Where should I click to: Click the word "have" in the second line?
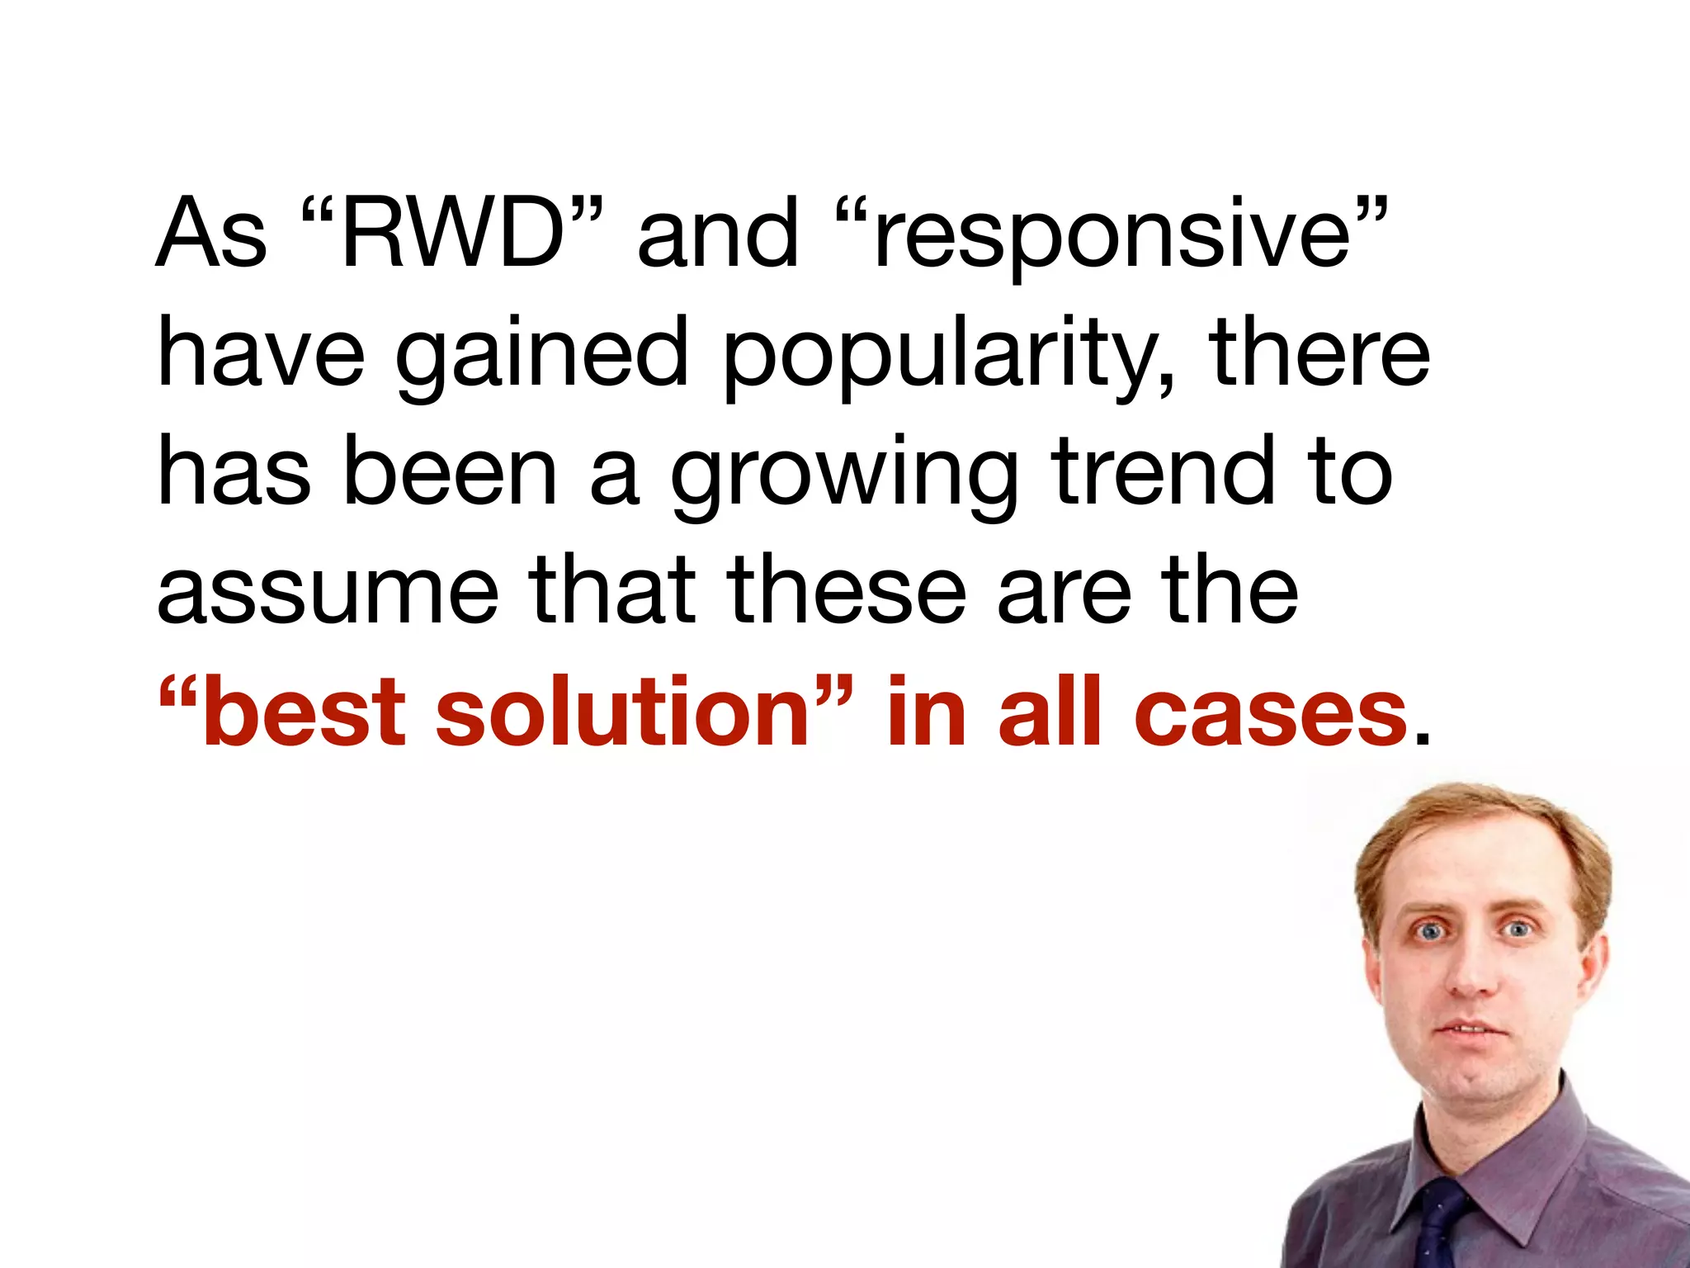click(x=261, y=355)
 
